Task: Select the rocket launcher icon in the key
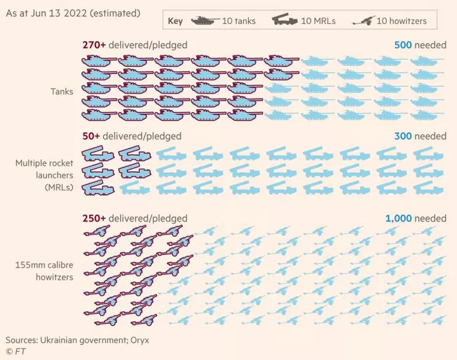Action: [x=285, y=21]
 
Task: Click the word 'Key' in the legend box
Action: [x=175, y=22]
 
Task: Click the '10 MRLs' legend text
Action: [x=318, y=22]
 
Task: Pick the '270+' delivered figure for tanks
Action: [x=94, y=45]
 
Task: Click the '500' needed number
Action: [x=403, y=45]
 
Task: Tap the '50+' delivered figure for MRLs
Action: [x=91, y=136]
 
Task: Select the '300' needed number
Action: [x=403, y=136]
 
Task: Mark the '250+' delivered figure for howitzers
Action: [x=94, y=218]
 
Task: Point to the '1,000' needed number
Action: [x=399, y=218]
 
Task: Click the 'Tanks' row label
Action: [x=61, y=92]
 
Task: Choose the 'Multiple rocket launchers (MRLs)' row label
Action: [x=44, y=175]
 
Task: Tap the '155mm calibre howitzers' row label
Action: [x=44, y=271]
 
